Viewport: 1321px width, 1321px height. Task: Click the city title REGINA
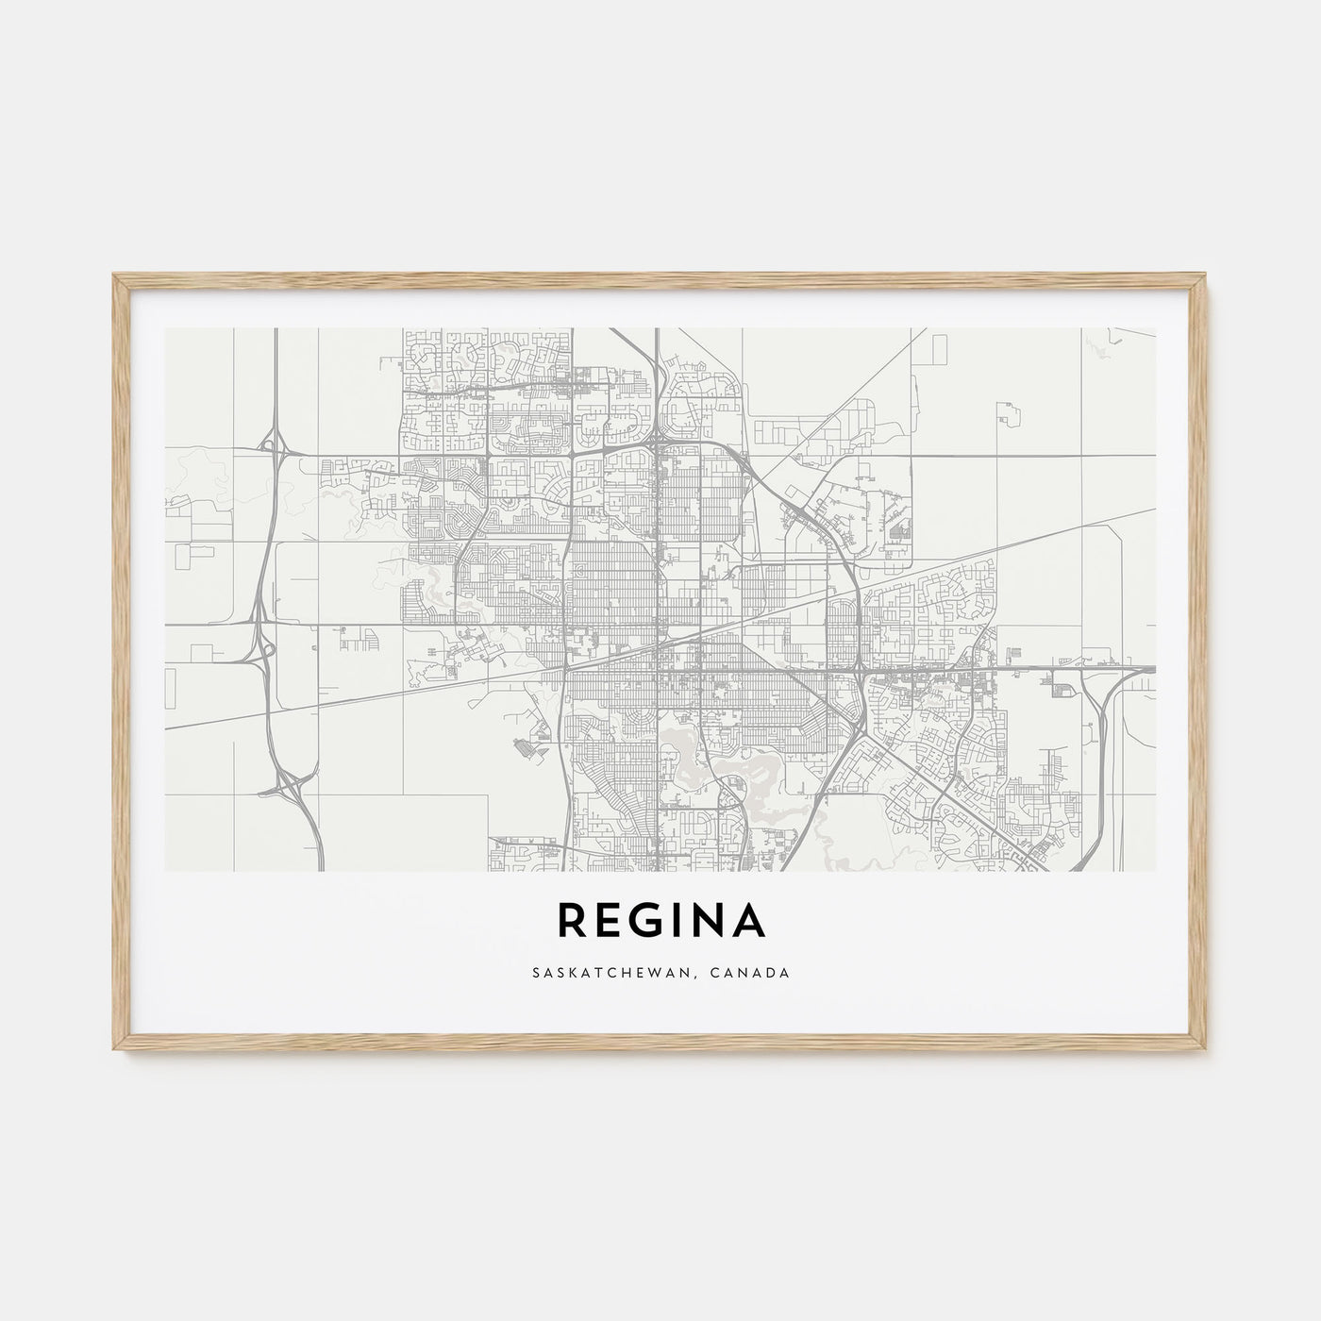(x=660, y=921)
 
